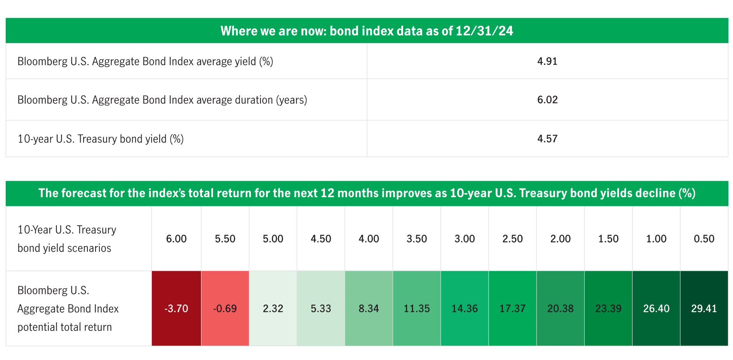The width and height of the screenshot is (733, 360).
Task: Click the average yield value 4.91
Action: (547, 61)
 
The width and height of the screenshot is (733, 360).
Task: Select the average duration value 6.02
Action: (547, 100)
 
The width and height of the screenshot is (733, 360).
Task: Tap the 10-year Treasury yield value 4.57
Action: (547, 139)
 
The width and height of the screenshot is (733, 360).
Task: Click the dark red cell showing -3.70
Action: (176, 309)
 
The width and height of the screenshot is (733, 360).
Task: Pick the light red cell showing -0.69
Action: (225, 309)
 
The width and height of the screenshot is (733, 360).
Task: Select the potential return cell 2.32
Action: (273, 309)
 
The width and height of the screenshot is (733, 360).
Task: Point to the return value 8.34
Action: (369, 309)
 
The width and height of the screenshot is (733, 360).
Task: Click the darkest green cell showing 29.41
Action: (704, 309)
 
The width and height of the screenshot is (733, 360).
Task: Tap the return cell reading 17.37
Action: (512, 309)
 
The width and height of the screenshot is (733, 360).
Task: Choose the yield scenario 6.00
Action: (176, 239)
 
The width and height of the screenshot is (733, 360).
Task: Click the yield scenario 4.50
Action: (321, 239)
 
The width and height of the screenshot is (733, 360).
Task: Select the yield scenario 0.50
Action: (704, 239)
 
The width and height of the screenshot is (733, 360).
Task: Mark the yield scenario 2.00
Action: (560, 239)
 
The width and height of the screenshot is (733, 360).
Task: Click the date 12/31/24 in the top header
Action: (484, 31)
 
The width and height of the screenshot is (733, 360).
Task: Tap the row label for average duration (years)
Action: (162, 100)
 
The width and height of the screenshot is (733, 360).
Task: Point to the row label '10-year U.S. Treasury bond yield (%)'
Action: (100, 139)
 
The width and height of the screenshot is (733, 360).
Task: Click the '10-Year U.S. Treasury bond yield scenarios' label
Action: (67, 239)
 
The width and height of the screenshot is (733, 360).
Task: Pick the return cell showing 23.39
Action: (608, 309)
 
